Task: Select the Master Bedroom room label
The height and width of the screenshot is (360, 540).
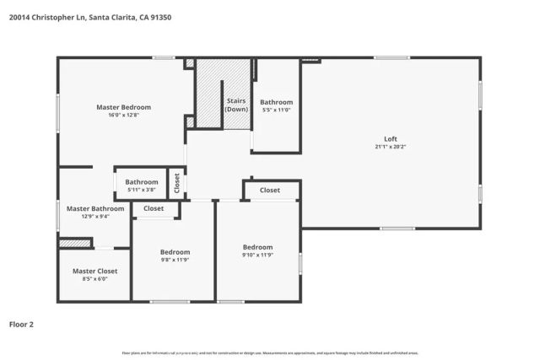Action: coord(123,107)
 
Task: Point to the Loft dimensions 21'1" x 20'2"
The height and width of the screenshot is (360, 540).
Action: coord(391,147)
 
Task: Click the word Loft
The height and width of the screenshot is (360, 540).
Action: coord(391,138)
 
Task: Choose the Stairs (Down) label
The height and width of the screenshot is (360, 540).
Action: coord(236,105)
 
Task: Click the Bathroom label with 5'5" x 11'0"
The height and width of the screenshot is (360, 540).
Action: coord(276,102)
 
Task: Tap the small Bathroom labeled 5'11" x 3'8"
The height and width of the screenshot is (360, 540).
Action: coord(142,182)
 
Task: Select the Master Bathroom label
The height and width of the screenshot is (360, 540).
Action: coord(95,208)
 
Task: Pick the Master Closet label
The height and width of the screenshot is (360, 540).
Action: coord(94,271)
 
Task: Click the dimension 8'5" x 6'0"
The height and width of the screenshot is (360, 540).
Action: coord(94,279)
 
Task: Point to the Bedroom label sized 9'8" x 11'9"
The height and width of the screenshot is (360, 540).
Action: coord(175,252)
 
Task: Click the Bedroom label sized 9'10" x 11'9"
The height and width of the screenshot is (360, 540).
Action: coord(257,247)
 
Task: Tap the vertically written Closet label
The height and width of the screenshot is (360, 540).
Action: coord(176,183)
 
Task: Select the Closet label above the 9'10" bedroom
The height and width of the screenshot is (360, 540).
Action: coord(270,191)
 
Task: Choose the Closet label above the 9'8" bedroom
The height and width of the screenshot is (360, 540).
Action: coord(154,208)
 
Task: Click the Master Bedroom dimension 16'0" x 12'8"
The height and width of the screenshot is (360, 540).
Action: coord(123,116)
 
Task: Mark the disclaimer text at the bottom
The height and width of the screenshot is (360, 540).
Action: coord(270,352)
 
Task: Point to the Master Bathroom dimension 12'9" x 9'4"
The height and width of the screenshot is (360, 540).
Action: coord(95,217)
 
